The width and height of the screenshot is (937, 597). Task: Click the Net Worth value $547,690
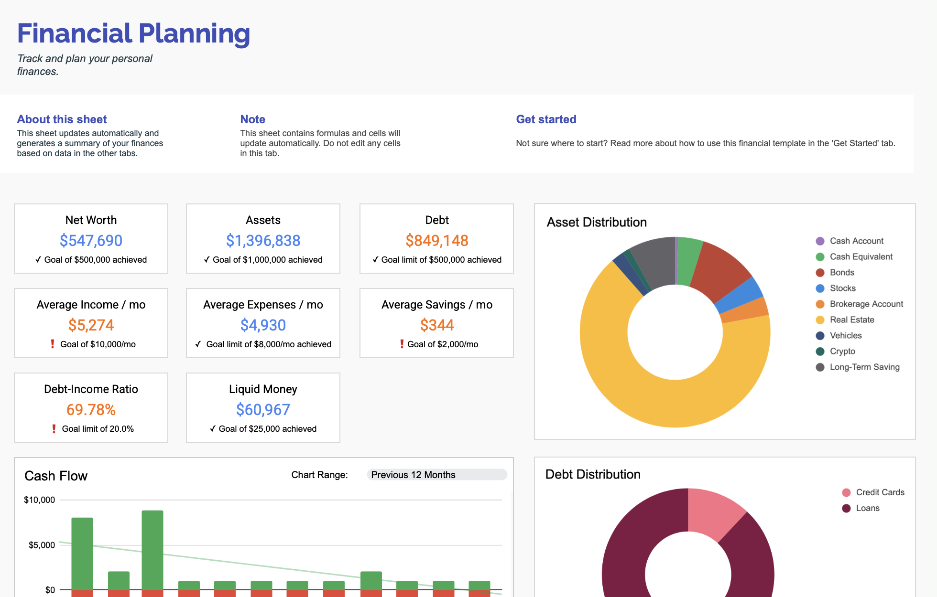[91, 241]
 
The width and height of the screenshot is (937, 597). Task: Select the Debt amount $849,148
[436, 241]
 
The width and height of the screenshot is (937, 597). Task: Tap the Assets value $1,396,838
[263, 241]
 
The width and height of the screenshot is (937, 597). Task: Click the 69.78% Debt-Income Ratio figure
[91, 410]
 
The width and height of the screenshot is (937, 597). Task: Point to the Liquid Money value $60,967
[263, 410]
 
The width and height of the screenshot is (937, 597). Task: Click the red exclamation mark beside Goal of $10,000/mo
[53, 344]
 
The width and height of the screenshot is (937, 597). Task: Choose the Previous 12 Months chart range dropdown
[436, 475]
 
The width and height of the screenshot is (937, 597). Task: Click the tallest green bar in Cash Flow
[153, 549]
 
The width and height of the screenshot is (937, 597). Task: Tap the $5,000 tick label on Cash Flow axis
[42, 545]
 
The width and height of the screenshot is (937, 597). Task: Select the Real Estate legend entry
[851, 320]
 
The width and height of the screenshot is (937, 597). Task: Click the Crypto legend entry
[842, 351]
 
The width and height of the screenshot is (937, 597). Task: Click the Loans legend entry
[867, 508]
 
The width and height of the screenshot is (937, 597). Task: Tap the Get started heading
[546, 119]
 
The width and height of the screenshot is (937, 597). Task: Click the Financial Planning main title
[134, 33]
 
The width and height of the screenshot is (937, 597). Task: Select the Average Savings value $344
[436, 325]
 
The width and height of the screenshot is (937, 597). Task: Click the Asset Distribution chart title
[597, 222]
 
